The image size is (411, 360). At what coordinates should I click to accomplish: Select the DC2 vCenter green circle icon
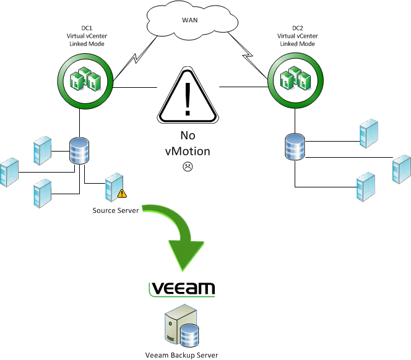(x=295, y=79)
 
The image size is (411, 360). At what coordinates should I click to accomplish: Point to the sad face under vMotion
(x=188, y=167)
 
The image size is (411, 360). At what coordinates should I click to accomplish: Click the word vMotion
(x=188, y=150)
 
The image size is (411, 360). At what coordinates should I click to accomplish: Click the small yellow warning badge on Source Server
(x=122, y=194)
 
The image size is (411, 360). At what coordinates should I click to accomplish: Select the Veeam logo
(x=183, y=289)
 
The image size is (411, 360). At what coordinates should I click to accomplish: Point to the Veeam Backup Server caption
(x=182, y=355)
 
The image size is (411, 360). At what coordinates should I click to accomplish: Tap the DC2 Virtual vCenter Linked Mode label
(x=293, y=36)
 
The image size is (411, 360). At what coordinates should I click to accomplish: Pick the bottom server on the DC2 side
(x=365, y=189)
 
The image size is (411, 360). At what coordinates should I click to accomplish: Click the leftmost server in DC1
(x=9, y=173)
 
